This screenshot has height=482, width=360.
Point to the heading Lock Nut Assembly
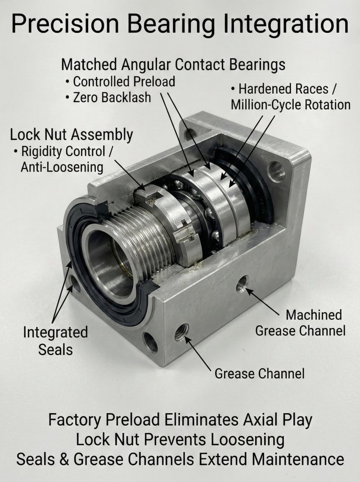click(x=72, y=135)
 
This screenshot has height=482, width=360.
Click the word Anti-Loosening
click(x=62, y=167)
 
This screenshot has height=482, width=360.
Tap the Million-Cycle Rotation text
click(x=291, y=105)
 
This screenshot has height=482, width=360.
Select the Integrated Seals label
click(x=55, y=341)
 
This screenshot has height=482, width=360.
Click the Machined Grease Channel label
click(x=300, y=323)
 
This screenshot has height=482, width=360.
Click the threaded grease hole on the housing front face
click(x=181, y=332)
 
